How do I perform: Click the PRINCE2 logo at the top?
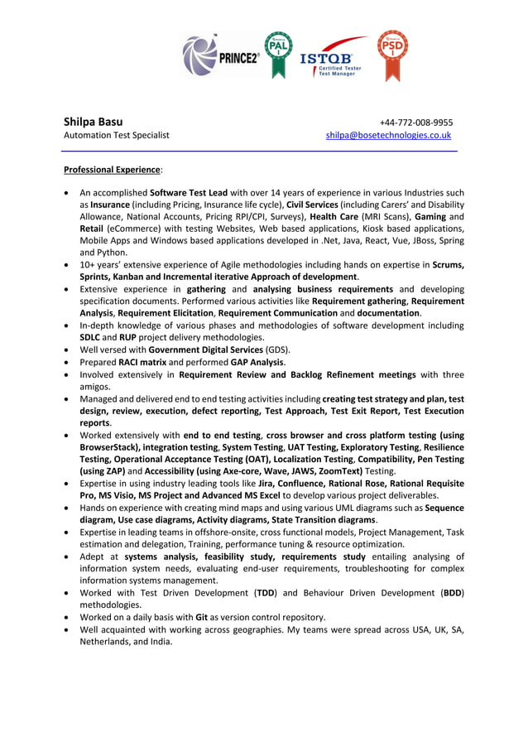point(221,56)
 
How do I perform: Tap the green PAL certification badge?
point(278,55)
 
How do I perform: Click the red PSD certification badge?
point(391,55)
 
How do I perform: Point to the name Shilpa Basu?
point(94,121)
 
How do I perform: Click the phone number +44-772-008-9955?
point(415,122)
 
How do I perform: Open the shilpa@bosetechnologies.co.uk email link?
point(388,135)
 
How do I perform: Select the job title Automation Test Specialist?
point(117,135)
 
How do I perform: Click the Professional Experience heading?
point(112,170)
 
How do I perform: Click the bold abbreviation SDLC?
point(91,337)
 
